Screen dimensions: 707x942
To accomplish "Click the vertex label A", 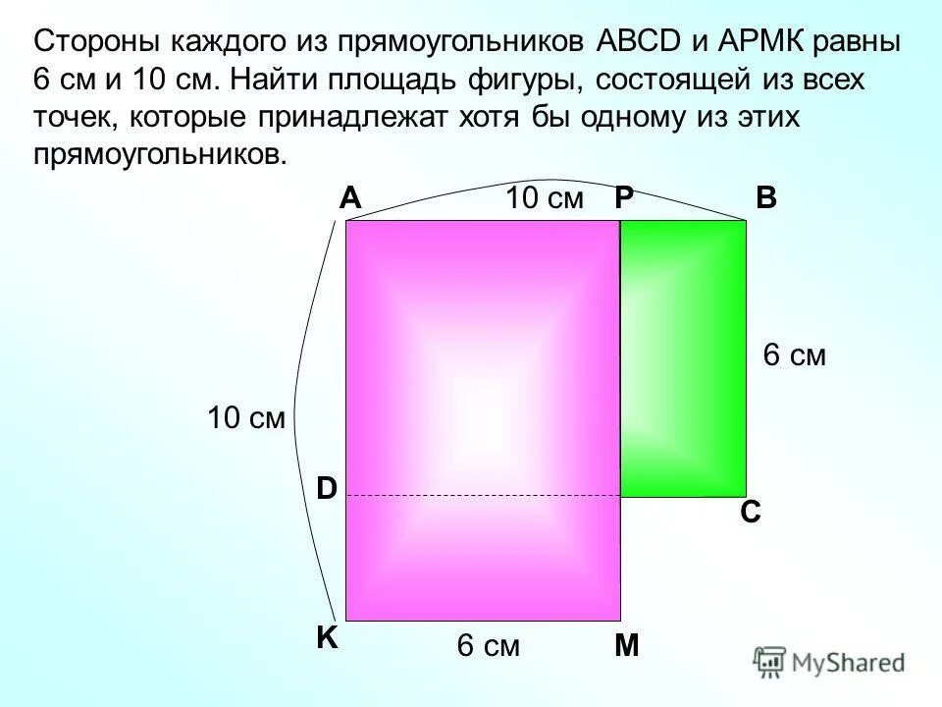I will coord(350,199).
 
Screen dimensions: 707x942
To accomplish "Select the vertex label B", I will coord(766,199).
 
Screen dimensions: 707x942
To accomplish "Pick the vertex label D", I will coord(326,488).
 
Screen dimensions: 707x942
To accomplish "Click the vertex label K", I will coord(326,638).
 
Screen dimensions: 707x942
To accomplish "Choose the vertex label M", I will coord(626,645).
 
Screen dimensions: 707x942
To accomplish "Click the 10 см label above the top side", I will coord(545,199).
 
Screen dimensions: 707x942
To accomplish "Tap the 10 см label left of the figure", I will coord(245,419).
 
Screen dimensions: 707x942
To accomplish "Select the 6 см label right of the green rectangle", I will coord(795,356).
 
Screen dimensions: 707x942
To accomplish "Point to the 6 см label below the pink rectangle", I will coord(488,646).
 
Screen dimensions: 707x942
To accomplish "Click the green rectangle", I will coord(683,358).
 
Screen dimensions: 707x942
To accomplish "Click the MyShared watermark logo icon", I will coord(769,662).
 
